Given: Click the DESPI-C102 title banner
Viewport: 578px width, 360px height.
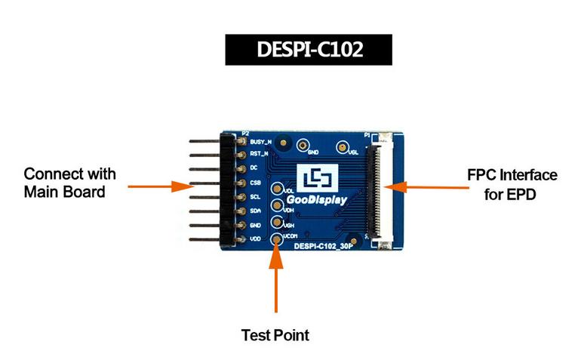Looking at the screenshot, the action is point(309,50).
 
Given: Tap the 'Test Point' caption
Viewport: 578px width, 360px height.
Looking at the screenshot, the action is point(275,335).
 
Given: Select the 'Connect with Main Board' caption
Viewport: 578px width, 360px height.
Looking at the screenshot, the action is point(69,183).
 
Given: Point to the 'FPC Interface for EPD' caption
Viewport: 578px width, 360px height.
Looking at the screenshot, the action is point(512,185).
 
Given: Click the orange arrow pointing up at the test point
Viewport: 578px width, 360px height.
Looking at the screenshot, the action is point(276,278).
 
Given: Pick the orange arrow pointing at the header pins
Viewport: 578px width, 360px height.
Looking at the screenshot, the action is point(161,186).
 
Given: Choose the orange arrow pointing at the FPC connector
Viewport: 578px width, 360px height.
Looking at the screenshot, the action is point(426,187).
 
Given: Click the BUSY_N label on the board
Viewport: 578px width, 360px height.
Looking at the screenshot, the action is point(260,142).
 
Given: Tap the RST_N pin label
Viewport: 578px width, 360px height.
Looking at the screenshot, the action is point(259,154).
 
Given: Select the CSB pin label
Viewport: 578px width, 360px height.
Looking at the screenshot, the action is point(256,183).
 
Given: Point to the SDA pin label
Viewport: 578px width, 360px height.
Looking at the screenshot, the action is point(256,211).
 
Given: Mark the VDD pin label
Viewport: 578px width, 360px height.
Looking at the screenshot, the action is point(256,239).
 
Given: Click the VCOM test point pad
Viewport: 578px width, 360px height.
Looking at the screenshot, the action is point(276,239).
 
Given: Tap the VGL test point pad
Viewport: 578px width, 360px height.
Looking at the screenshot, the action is point(342,147).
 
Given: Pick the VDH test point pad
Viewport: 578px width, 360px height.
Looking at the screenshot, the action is point(276,205).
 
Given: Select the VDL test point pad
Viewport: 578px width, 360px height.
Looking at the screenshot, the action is point(276,189).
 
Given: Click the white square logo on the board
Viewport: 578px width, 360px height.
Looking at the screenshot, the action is point(318,179).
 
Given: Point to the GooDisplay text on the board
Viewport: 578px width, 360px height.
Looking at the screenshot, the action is point(317,200).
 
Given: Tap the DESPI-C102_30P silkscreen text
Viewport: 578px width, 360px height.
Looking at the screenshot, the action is point(323,246).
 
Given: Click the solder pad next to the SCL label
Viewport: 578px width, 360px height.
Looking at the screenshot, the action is point(241,197).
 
